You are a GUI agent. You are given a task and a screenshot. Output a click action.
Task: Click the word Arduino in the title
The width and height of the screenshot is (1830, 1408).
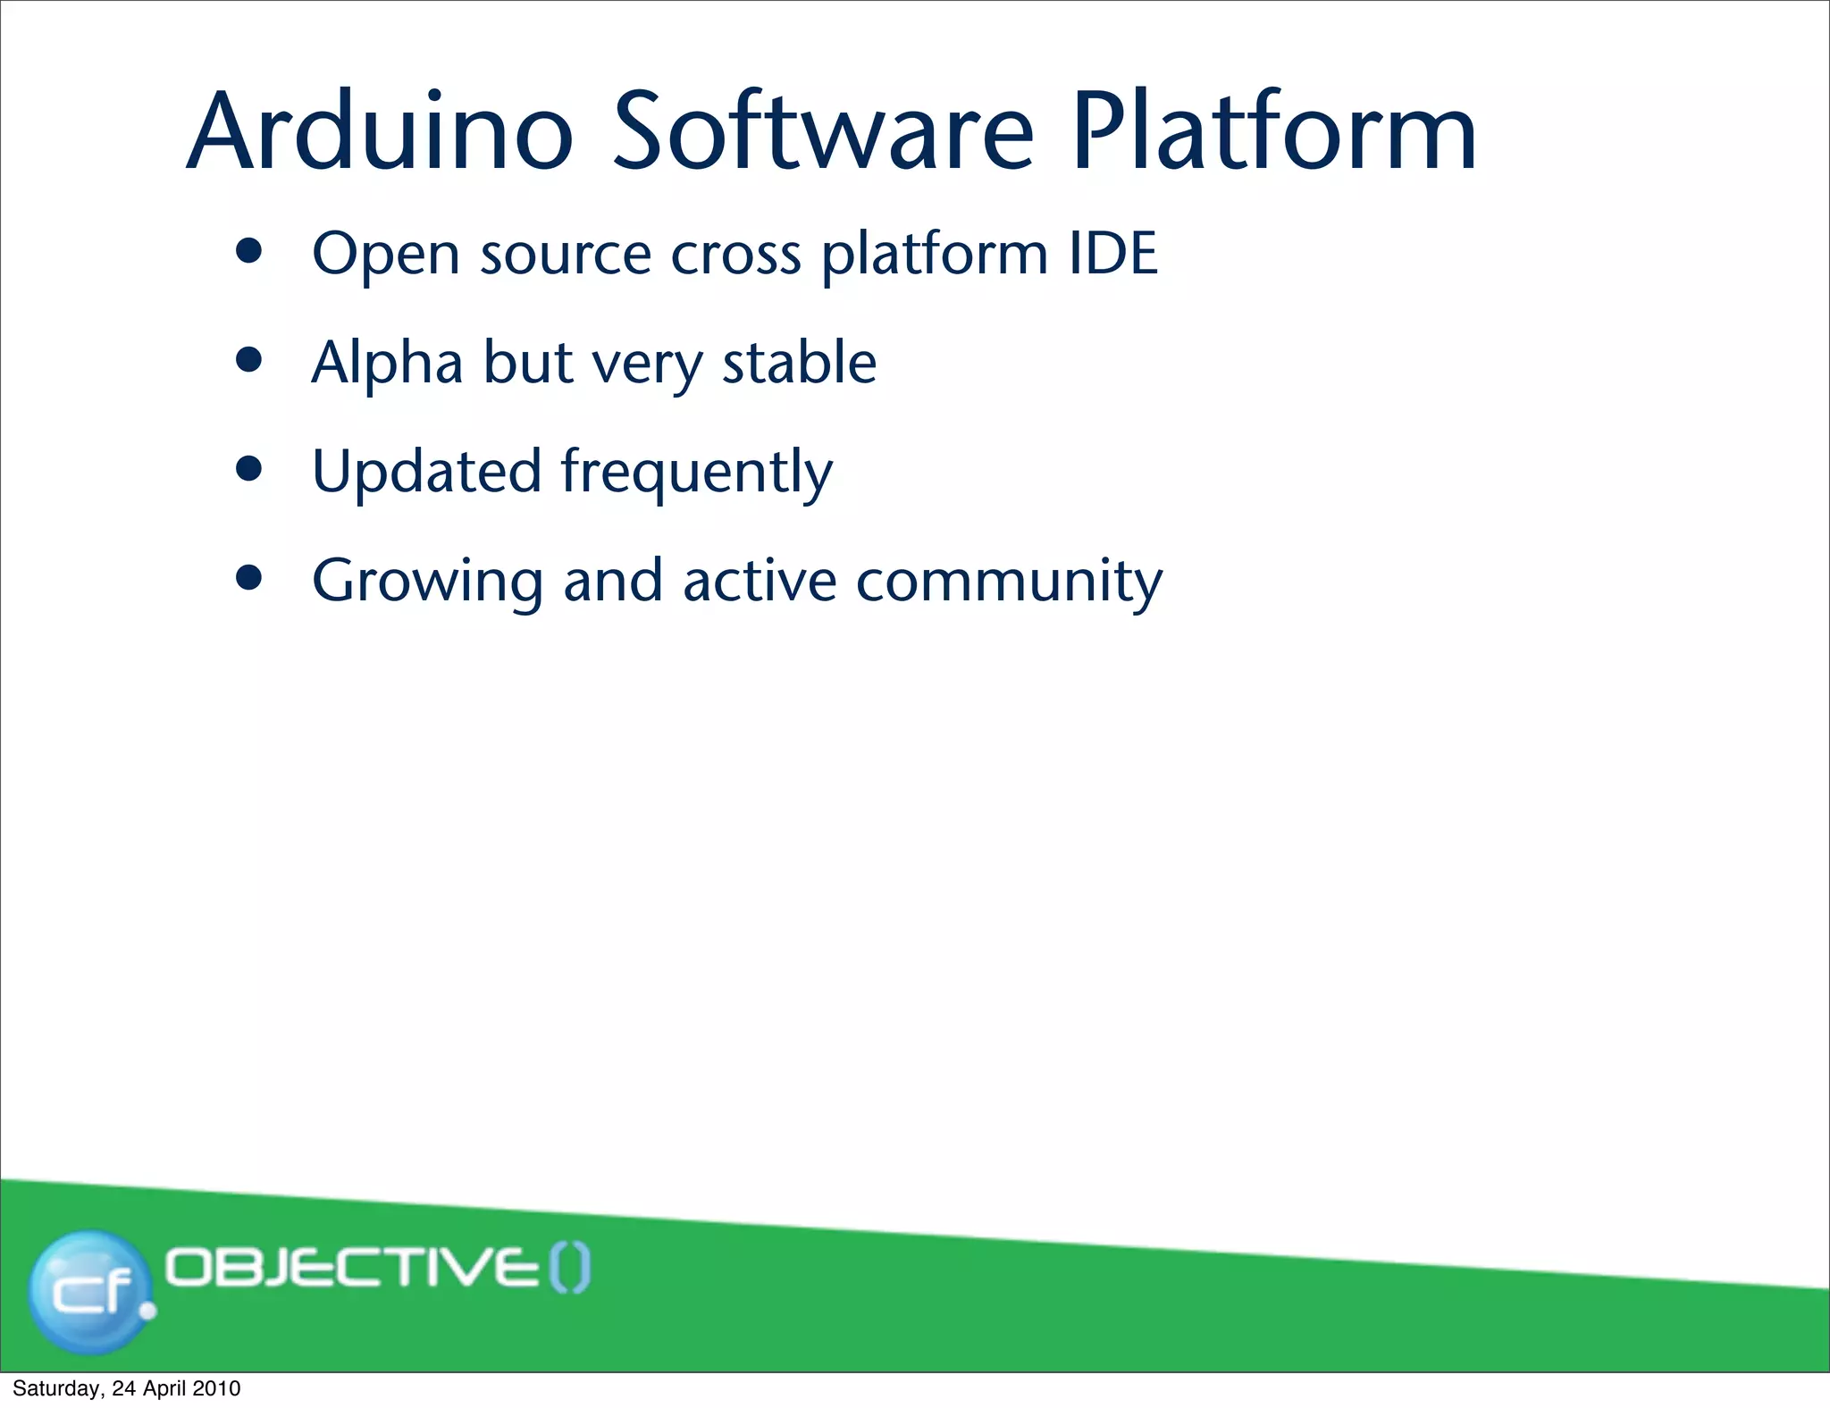[x=380, y=132]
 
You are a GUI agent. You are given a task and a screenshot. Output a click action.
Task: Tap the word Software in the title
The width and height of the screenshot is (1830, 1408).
[x=823, y=132]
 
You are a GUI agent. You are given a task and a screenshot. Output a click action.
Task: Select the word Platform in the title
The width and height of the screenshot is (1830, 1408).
[x=1273, y=132]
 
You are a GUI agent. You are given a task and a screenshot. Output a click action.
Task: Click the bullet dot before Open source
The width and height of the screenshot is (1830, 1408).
[x=249, y=251]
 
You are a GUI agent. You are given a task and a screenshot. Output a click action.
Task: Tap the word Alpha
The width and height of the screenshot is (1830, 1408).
[x=387, y=363]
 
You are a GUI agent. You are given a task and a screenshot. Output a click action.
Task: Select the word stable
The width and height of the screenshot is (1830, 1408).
[x=799, y=363]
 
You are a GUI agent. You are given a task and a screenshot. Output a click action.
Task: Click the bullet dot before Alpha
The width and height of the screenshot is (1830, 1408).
[x=249, y=360]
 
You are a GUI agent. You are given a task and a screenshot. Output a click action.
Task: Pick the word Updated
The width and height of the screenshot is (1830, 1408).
[x=426, y=472]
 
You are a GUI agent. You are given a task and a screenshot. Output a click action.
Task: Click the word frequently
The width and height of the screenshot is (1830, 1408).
[x=696, y=474]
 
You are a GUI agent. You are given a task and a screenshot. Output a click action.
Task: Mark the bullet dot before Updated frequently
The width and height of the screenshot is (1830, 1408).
[x=249, y=469]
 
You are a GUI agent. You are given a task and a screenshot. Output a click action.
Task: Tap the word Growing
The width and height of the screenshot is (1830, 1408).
[x=427, y=582]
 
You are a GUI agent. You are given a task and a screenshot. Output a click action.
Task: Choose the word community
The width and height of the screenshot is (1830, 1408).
[x=1009, y=582]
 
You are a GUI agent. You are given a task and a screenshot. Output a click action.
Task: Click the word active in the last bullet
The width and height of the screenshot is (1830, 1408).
[x=760, y=581]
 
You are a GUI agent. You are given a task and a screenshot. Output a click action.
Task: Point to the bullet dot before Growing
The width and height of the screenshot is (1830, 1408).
[x=249, y=578]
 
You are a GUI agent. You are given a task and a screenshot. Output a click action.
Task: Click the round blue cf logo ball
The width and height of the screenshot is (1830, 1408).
[x=89, y=1291]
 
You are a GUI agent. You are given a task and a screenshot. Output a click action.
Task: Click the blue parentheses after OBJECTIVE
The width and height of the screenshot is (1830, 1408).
[x=569, y=1268]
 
